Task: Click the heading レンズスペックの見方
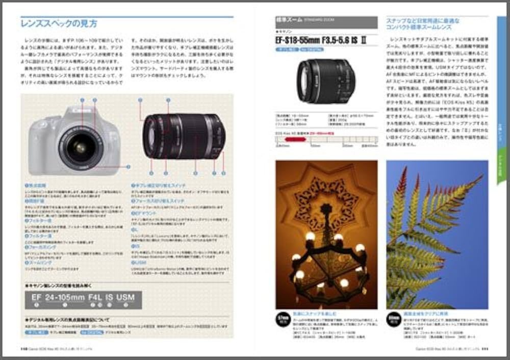pos(59,23)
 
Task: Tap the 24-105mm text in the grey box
pos(65,297)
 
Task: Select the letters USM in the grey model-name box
pos(126,297)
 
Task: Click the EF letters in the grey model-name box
pos(36,297)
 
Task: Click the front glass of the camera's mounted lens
pos(80,148)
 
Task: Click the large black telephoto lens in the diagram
pos(184,136)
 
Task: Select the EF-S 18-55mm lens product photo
pos(325,81)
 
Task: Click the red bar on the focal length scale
pos(294,139)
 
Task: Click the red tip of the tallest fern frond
pos(403,173)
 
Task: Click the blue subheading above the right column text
pos(423,24)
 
